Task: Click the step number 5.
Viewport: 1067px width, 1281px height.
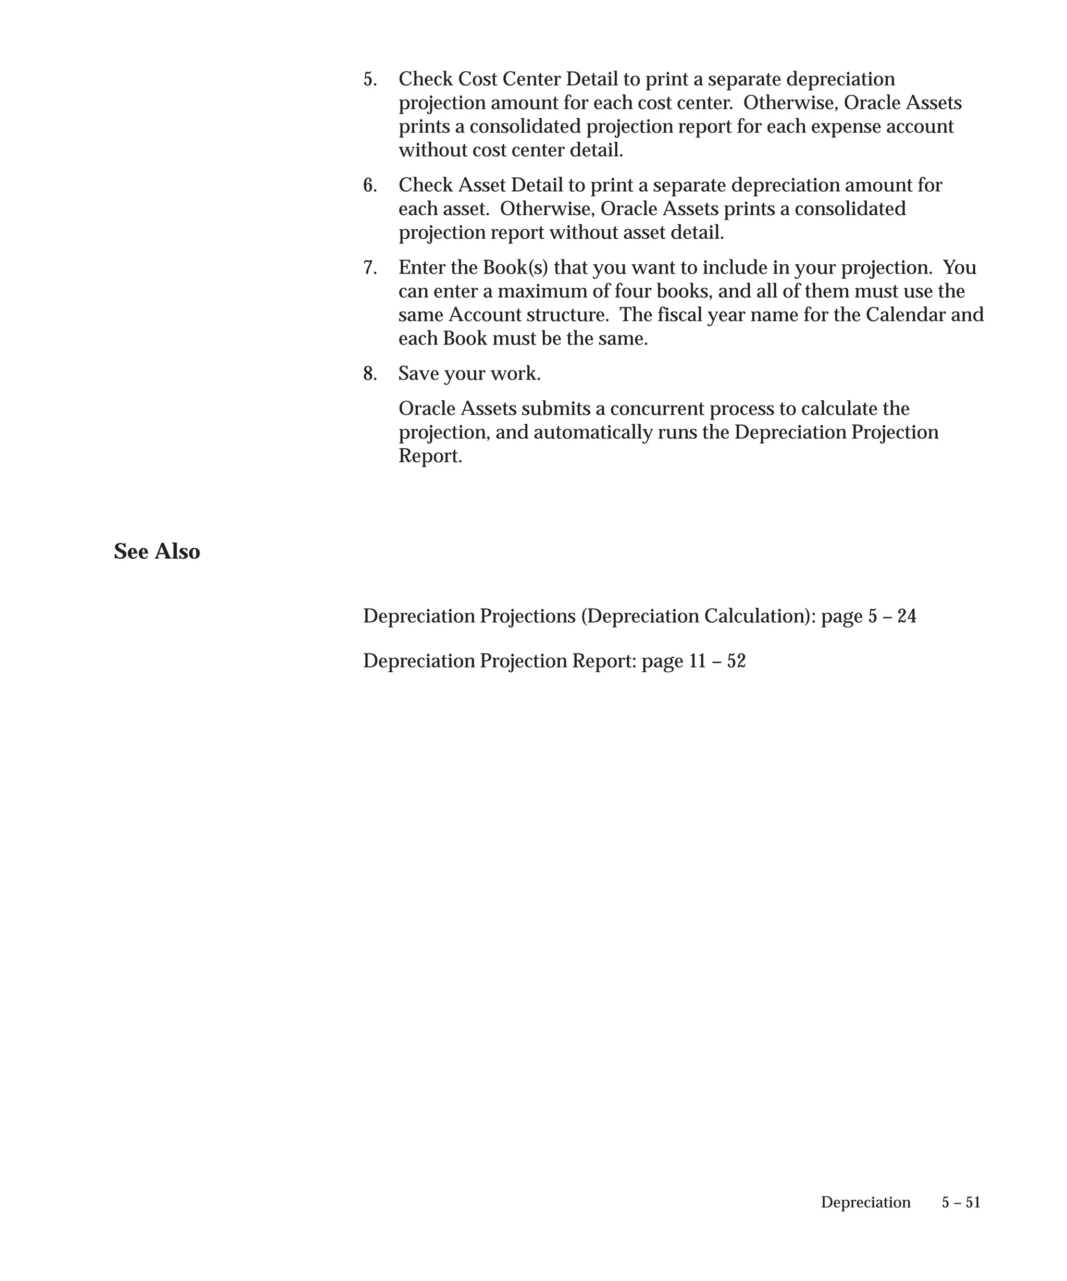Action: coord(369,79)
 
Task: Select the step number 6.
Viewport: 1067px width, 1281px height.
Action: coord(369,186)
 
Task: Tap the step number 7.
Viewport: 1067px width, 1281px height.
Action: coord(369,268)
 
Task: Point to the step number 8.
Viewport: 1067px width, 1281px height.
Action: coord(369,373)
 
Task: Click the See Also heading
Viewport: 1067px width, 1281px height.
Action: coord(157,551)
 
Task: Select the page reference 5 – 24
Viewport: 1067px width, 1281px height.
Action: coord(892,616)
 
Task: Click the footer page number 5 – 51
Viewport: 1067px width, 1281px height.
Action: coord(961,1202)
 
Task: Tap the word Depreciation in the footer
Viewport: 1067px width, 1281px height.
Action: coord(865,1202)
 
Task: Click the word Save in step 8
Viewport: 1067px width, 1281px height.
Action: coord(418,373)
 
